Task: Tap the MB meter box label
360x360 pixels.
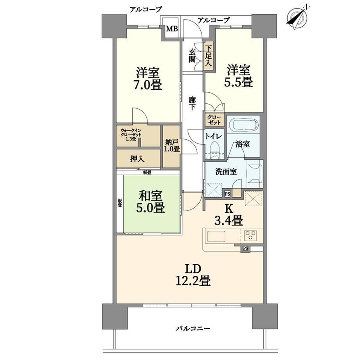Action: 172,29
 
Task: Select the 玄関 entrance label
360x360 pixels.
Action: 192,56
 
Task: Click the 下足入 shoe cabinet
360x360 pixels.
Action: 209,56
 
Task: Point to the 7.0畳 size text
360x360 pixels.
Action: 148,85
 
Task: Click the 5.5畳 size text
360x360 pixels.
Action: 238,82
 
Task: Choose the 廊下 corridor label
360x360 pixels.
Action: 192,104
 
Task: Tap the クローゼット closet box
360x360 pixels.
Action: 214,120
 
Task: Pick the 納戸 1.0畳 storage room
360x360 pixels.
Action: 171,146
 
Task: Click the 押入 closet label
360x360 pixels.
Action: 137,159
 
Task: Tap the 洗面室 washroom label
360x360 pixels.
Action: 226,172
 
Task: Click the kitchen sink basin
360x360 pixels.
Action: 216,236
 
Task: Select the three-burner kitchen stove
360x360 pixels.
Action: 250,235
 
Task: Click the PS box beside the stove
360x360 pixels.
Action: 245,248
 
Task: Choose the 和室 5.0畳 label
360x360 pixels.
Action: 151,202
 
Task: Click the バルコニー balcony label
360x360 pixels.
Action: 193,329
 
